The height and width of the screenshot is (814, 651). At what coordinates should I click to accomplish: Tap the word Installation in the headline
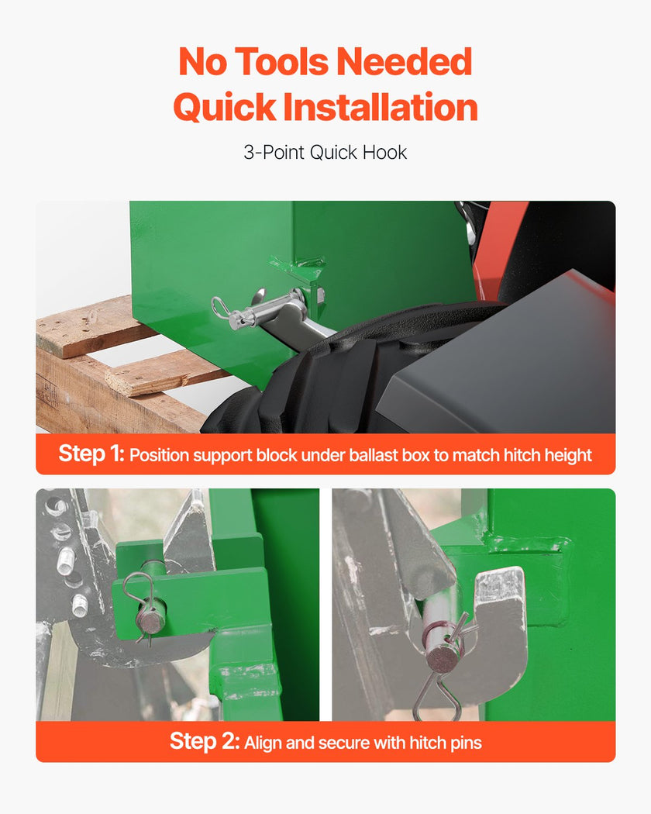pyautogui.click(x=381, y=108)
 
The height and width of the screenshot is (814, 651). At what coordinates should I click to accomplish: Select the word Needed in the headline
pyautogui.click(x=405, y=62)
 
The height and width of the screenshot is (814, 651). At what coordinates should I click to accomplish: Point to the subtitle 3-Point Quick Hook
pyautogui.click(x=325, y=153)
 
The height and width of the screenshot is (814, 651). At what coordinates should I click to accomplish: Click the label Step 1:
pyautogui.click(x=91, y=454)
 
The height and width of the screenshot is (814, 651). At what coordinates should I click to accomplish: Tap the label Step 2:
pyautogui.click(x=205, y=741)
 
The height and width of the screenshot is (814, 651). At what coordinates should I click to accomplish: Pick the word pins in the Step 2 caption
pyautogui.click(x=467, y=743)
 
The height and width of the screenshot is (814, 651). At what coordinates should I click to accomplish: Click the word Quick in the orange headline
pyautogui.click(x=225, y=108)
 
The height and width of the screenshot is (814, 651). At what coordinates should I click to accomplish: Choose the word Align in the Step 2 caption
pyautogui.click(x=263, y=743)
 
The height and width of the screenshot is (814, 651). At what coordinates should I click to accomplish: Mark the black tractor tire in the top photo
pyautogui.click(x=332, y=379)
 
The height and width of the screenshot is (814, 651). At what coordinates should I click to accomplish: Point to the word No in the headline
pyautogui.click(x=203, y=62)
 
